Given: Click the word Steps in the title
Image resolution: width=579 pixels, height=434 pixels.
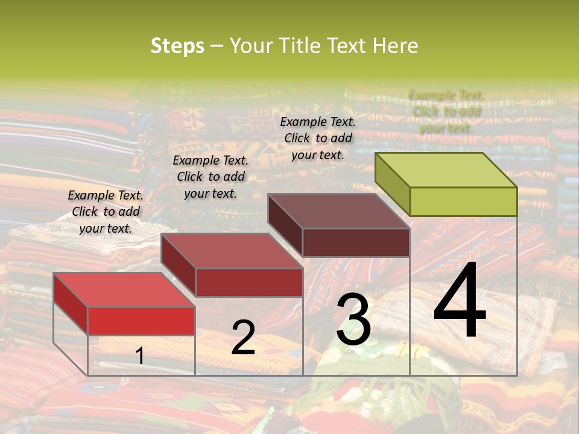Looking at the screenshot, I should pos(177,46).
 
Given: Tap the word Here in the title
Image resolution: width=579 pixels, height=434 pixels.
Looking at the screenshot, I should pos(395,46).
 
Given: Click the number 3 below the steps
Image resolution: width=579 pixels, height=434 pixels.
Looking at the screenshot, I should pos(353,320).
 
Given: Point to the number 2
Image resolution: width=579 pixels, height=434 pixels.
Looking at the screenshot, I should pos(243,338).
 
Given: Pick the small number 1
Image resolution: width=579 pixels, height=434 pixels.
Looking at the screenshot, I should pos(140,356).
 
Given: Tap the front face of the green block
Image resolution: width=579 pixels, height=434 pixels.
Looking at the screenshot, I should pos(463,201).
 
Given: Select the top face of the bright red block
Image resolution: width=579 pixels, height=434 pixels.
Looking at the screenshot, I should pos(124,290).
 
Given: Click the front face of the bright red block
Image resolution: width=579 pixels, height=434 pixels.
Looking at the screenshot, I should pos(141,321).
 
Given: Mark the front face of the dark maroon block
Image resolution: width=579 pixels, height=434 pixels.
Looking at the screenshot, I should pos(356,242).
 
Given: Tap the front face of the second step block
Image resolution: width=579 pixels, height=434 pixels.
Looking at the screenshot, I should pos(249,282).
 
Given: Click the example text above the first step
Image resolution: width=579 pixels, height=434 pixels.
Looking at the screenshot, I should pos(106,212).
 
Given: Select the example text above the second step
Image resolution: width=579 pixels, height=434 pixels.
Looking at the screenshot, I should pos(210,177).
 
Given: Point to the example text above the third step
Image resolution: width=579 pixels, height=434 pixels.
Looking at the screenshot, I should pos(318,138).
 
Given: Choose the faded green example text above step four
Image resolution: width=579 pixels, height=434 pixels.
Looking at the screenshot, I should pos(446,112).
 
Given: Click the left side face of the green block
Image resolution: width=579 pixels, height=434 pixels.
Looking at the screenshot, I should pos(392,184).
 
